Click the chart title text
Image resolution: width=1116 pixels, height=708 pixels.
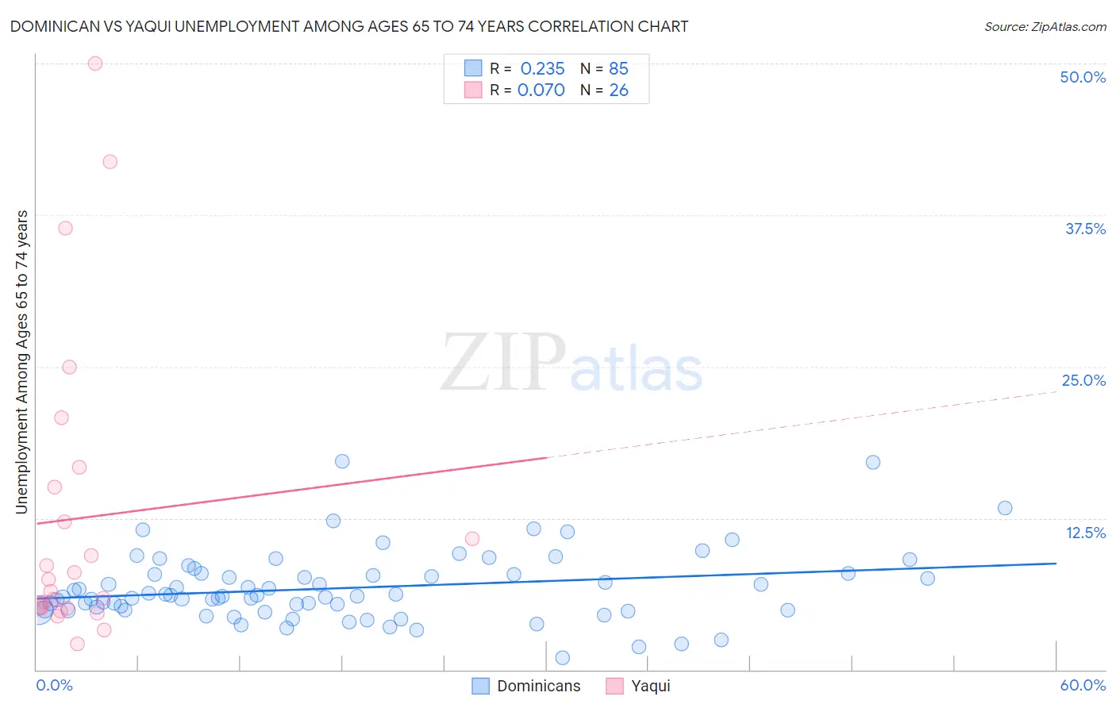point(349,26)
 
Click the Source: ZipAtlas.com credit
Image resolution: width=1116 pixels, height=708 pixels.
point(1045,26)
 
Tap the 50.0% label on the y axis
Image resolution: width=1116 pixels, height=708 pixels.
point(1083,77)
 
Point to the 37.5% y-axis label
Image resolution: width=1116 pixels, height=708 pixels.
point(1085,229)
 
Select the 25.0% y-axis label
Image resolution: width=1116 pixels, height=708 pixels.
point(1083,380)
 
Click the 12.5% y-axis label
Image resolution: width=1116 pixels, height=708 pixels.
point(1085,533)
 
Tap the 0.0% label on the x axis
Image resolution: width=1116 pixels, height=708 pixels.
point(54,685)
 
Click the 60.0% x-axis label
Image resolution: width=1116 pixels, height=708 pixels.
point(1083,685)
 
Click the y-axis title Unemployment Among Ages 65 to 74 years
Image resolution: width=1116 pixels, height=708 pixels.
point(22,362)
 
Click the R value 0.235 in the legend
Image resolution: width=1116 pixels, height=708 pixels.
point(542,68)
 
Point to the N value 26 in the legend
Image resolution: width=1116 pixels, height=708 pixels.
point(618,90)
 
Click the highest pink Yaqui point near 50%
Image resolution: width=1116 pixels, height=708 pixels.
point(95,63)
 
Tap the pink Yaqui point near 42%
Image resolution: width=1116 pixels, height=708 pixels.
point(110,162)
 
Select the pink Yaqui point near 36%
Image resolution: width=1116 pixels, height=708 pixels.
point(66,228)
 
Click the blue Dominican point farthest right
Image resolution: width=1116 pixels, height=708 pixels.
point(1005,508)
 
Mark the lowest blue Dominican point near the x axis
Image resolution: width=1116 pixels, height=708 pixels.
point(563,657)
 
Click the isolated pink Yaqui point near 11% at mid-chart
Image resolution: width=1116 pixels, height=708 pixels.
point(472,539)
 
